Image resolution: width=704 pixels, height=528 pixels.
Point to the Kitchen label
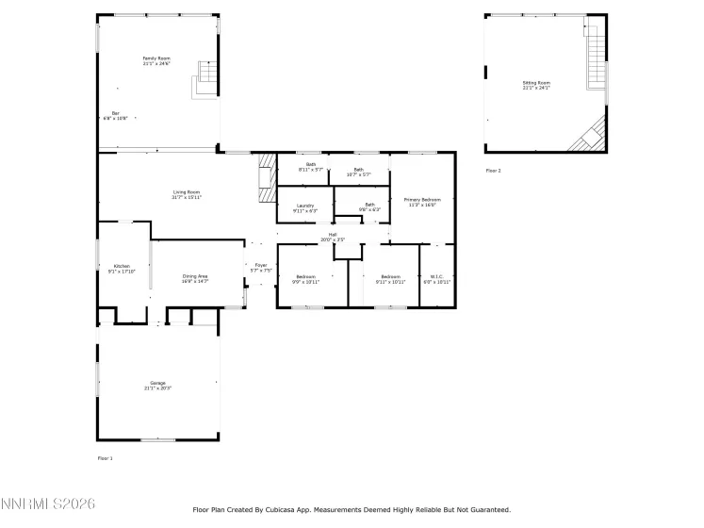(x=123, y=267)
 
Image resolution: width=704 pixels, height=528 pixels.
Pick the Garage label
(x=157, y=383)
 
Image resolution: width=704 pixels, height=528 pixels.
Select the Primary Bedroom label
(x=422, y=200)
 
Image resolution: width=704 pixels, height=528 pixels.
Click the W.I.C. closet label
(x=437, y=278)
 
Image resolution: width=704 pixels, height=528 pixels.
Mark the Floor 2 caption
(x=494, y=171)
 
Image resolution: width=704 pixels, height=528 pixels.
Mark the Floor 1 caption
(x=105, y=457)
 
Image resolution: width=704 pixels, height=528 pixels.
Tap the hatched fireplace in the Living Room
(x=266, y=175)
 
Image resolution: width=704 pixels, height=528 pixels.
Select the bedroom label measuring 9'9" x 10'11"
(x=305, y=278)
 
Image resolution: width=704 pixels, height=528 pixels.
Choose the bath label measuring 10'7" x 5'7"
(x=358, y=172)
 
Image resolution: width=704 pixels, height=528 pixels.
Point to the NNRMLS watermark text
(x=48, y=505)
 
